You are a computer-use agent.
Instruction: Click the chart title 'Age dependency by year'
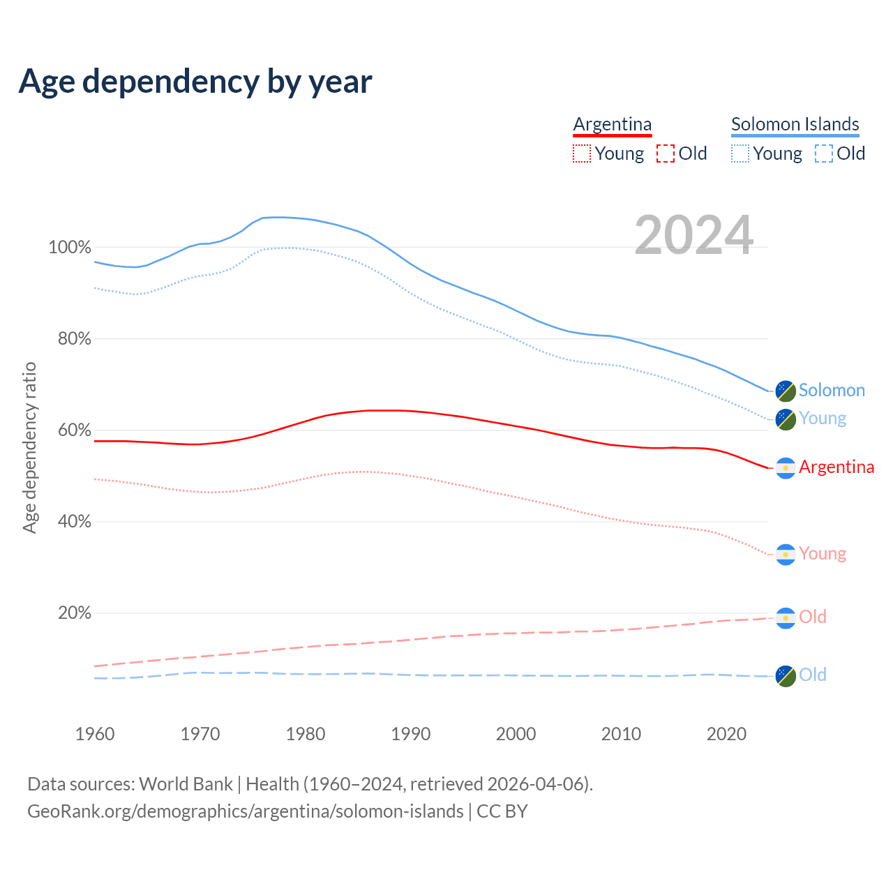point(195,82)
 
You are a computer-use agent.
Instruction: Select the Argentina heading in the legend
point(612,124)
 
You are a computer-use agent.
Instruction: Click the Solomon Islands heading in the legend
point(795,124)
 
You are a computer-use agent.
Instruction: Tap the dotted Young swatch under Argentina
point(582,153)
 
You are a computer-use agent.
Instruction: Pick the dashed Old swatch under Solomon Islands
point(824,153)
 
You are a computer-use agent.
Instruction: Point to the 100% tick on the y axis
point(70,247)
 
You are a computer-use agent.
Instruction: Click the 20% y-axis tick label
point(74,613)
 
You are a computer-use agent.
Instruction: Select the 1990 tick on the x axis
point(411,734)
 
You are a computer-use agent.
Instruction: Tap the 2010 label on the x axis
point(621,734)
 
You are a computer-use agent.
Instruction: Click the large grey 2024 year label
point(693,235)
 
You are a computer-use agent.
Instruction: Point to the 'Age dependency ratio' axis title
point(29,447)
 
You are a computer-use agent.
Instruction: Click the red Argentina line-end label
point(836,467)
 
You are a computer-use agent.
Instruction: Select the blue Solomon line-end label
point(832,390)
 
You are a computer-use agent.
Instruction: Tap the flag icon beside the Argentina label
point(786,468)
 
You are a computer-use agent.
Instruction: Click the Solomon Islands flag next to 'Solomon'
point(786,391)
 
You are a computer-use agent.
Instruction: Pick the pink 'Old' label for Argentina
point(812,617)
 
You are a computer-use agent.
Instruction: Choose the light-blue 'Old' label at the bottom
point(812,675)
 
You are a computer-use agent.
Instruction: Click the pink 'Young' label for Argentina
point(823,553)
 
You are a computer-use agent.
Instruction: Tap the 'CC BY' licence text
point(502,811)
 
